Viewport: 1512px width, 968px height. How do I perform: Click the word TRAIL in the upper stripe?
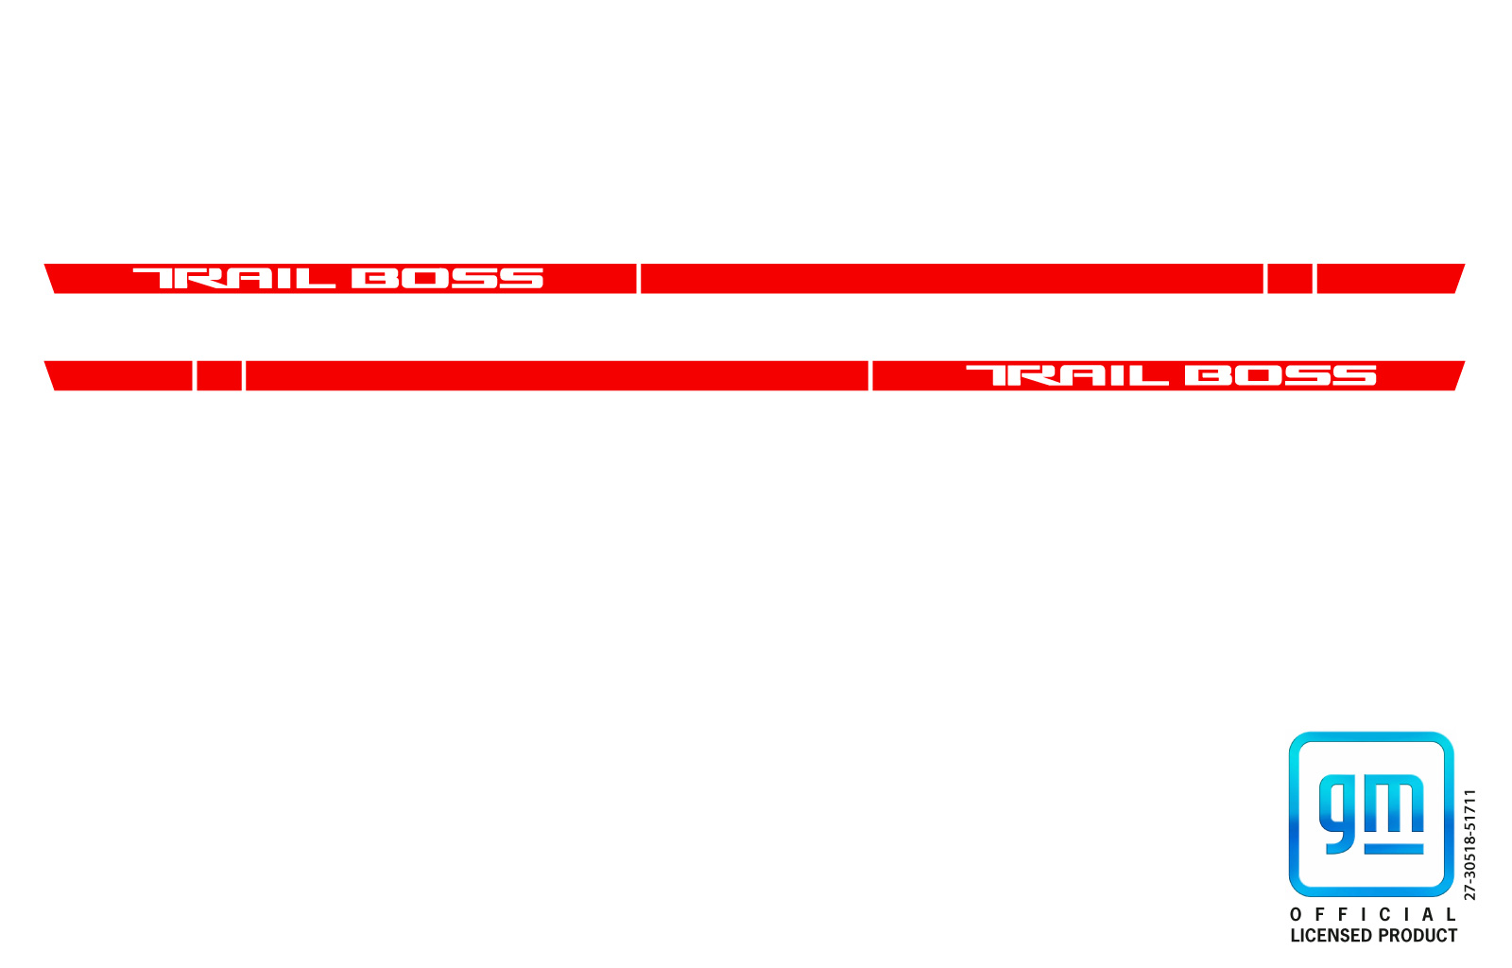point(234,278)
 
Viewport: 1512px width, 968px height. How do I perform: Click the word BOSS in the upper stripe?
point(448,278)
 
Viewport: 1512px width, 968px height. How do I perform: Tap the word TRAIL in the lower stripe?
point(1067,375)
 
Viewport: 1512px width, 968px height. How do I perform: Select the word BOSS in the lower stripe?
point(1280,375)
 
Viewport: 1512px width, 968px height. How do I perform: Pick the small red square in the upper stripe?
point(1290,279)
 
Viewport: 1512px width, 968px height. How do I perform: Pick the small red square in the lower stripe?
point(219,376)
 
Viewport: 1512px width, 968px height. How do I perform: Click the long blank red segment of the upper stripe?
point(952,279)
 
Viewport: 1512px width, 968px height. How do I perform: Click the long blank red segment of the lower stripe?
point(557,376)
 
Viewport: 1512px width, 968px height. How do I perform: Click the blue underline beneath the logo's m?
point(1395,849)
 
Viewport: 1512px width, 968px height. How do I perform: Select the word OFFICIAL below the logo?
point(1373,915)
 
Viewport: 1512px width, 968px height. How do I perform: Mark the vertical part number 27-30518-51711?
point(1470,844)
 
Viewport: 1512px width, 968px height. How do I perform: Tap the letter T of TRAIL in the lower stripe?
point(989,375)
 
